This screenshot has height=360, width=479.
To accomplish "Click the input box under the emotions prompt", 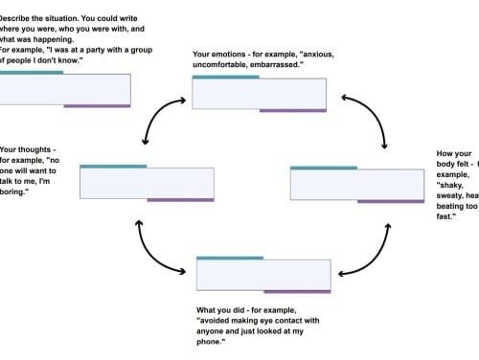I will click(x=259, y=94).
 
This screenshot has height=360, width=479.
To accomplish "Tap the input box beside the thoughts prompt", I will click(x=147, y=183).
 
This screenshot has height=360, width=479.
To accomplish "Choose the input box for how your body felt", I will click(x=356, y=185).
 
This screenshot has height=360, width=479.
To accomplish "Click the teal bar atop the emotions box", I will click(x=225, y=77).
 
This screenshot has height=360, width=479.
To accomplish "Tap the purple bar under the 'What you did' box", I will click(x=297, y=291).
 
